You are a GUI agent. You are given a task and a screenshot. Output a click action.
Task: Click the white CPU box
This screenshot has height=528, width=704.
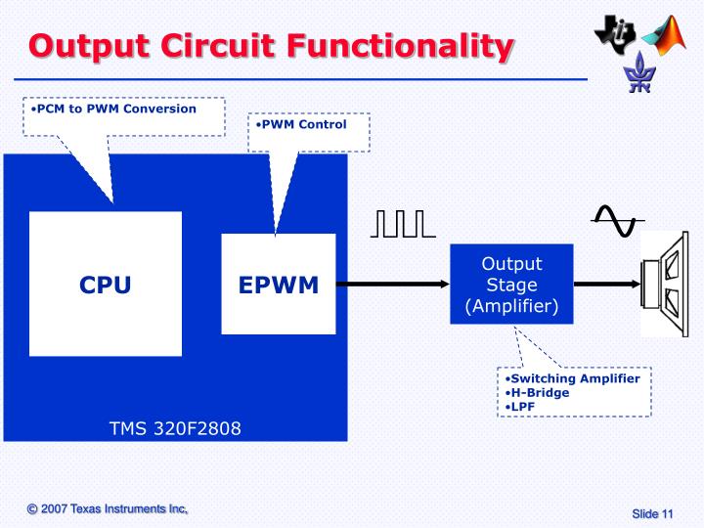click(x=106, y=285)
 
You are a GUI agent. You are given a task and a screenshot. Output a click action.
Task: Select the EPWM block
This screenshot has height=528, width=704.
click(x=279, y=285)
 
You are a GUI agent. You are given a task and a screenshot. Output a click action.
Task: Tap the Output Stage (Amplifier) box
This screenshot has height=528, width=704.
click(x=511, y=285)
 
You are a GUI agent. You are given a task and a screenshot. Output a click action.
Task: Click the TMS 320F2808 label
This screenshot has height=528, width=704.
click(x=175, y=428)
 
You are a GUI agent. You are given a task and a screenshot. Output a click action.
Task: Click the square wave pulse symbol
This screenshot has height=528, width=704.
click(x=403, y=224)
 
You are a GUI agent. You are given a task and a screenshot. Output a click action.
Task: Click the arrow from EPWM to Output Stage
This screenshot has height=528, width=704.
click(x=392, y=285)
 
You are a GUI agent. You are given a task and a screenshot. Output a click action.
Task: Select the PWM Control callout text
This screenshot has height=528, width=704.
click(x=304, y=125)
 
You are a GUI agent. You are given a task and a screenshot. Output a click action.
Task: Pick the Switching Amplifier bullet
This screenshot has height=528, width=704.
click(x=576, y=378)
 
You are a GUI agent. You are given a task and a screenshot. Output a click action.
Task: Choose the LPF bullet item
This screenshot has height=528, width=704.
click(x=522, y=406)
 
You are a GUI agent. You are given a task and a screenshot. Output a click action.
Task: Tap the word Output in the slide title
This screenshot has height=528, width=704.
click(x=93, y=46)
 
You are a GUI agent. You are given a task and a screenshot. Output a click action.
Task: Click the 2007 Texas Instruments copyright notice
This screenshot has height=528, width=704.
click(x=107, y=509)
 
